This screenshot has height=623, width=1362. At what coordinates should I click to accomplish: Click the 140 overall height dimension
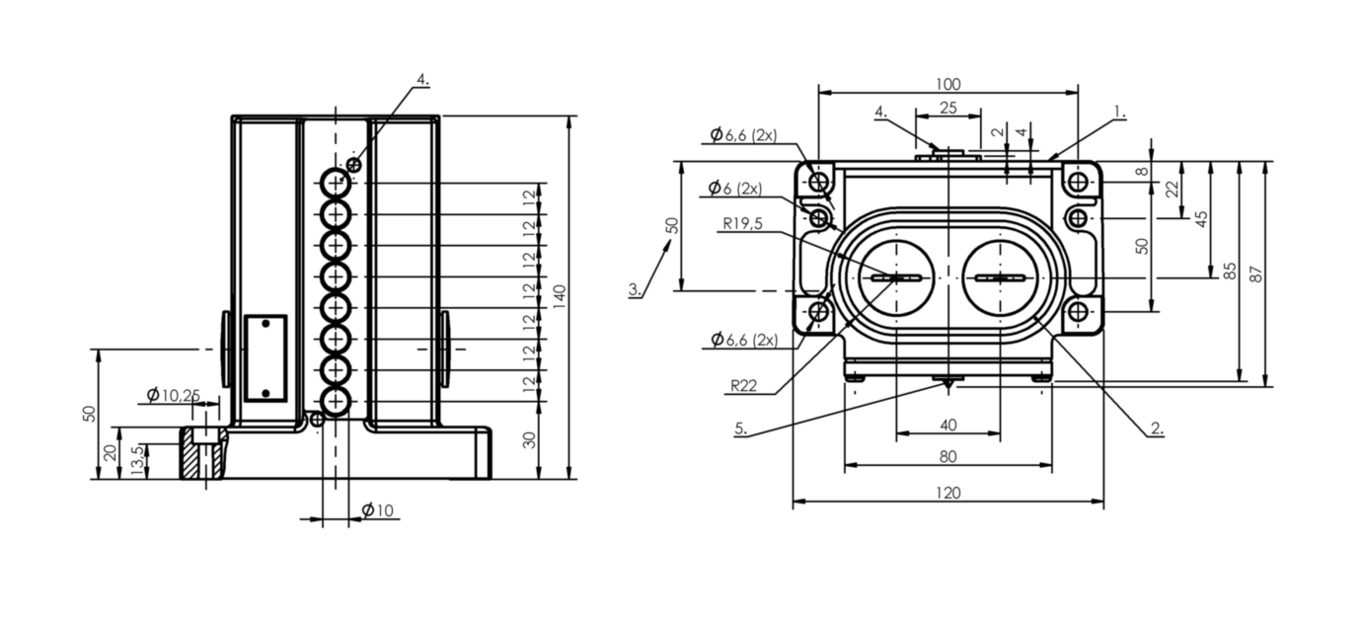coord(560,296)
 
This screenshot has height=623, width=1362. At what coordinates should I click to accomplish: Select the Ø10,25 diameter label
coord(174,396)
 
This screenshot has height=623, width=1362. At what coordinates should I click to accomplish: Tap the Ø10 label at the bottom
coord(378,509)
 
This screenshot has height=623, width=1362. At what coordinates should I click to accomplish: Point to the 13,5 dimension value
coord(138,460)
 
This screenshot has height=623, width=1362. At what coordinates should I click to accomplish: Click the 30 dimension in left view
coord(530,440)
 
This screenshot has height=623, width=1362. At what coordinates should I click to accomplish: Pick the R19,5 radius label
coord(742,224)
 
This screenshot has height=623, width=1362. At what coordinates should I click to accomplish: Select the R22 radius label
coord(743,386)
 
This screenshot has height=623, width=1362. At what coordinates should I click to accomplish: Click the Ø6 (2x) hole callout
coord(735,189)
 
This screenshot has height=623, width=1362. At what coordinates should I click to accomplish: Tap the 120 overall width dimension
coord(947,493)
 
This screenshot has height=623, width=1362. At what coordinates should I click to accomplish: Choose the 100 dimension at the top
coord(947,84)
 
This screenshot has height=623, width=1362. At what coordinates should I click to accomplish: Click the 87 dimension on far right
coord(1256,274)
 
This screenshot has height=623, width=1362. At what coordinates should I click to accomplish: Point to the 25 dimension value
coord(947,108)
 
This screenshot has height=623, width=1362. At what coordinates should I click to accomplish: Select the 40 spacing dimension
coord(947,425)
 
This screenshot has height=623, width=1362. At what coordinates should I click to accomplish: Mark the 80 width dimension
coord(947,456)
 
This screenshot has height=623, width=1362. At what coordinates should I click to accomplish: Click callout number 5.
coord(740,428)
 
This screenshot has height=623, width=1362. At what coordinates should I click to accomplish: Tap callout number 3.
coord(635,289)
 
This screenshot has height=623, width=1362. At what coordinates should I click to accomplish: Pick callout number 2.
coord(1157,428)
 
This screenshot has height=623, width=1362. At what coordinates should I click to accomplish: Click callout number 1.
coord(1119,112)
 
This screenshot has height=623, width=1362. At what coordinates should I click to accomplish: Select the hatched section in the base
coord(203,453)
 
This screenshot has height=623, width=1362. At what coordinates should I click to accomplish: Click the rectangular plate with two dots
coord(265,358)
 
